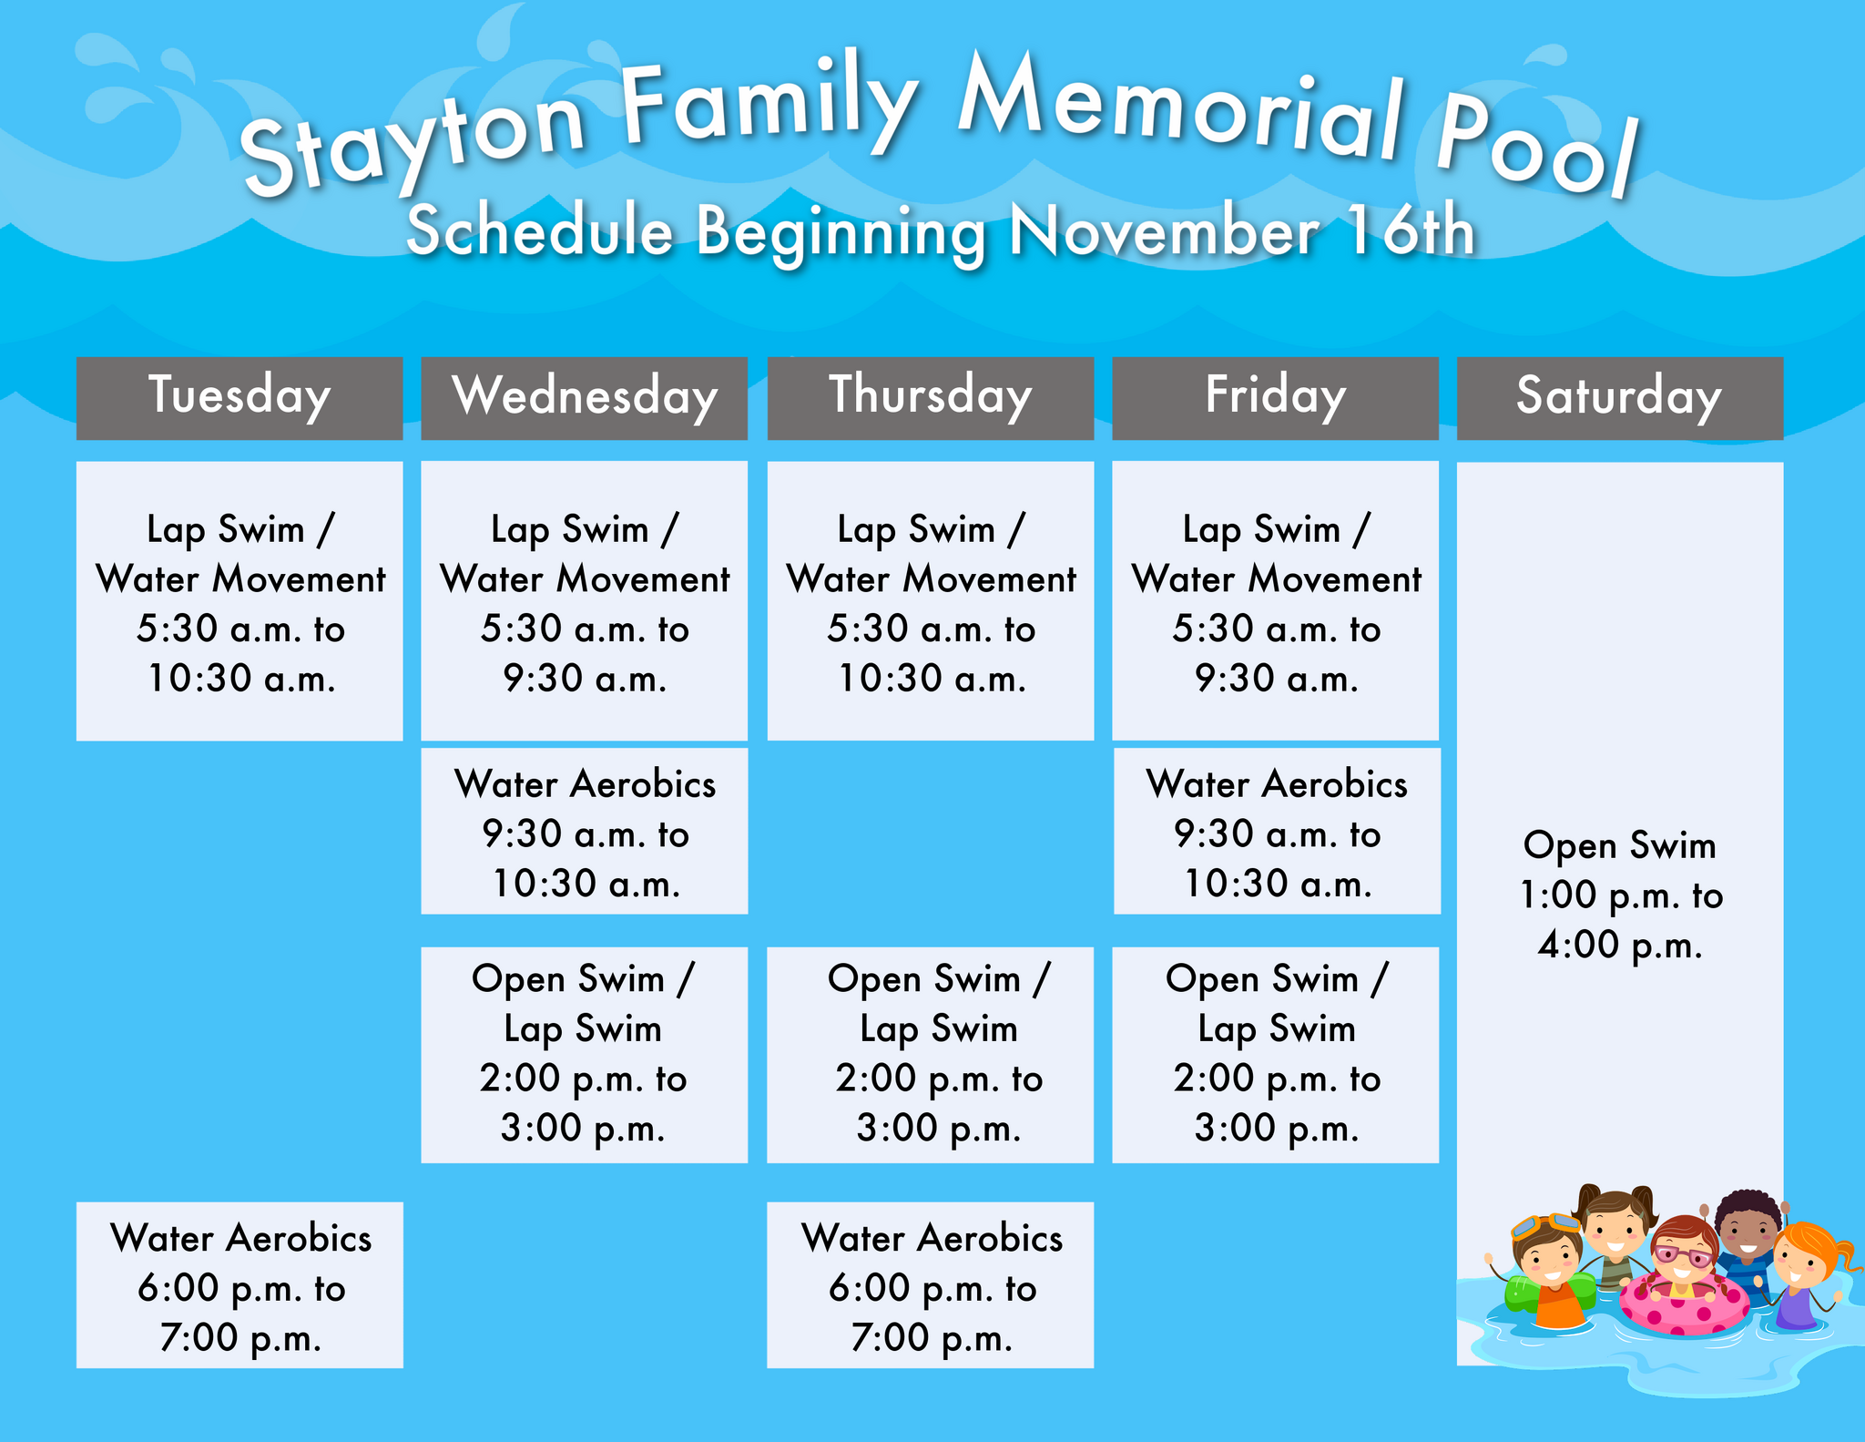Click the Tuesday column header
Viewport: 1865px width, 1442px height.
click(239, 397)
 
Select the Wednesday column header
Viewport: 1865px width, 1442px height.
click(585, 397)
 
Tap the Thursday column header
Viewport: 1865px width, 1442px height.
click(930, 397)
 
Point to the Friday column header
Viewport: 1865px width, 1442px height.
click(1275, 397)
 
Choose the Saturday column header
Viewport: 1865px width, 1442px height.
click(1619, 397)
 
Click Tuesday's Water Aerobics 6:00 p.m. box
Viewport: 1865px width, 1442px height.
click(239, 1284)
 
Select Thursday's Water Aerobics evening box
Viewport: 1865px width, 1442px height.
click(930, 1284)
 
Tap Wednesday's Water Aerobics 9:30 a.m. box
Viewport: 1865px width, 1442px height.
click(585, 831)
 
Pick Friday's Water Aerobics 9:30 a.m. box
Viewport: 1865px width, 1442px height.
click(1277, 831)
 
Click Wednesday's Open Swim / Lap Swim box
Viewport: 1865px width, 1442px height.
click(584, 1054)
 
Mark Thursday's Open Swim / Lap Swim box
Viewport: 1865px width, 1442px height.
click(930, 1054)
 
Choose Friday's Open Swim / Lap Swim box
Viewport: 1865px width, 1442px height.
click(1275, 1054)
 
